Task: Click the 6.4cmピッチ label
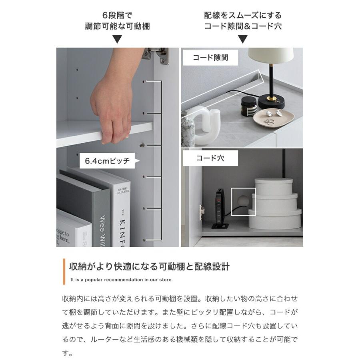click(x=107, y=161)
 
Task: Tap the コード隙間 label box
click(x=210, y=58)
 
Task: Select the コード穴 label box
click(x=210, y=158)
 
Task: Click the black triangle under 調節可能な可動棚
click(x=117, y=39)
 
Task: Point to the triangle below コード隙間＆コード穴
click(x=243, y=39)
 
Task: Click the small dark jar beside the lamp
click(x=248, y=107)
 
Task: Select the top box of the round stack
click(x=274, y=187)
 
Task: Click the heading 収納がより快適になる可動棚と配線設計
click(x=149, y=266)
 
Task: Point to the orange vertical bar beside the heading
click(x=64, y=272)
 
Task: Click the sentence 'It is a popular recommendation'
click(x=121, y=280)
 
